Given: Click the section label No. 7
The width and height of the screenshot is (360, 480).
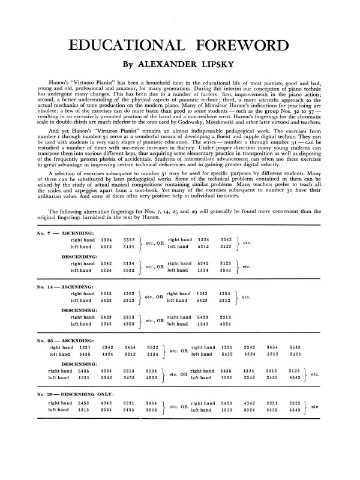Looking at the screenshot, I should [46, 233].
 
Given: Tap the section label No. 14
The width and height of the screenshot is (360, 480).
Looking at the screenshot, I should [47, 287].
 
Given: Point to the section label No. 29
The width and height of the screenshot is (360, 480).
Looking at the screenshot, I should [47, 394].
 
